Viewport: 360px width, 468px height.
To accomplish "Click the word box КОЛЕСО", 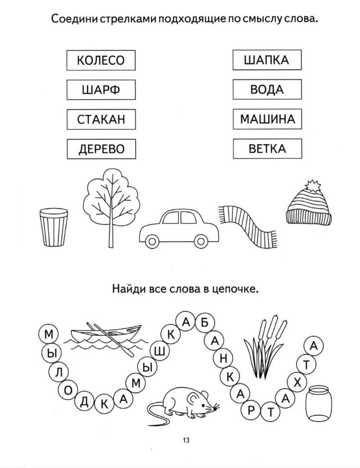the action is point(101,60).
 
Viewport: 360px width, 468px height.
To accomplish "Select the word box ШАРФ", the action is point(101,90).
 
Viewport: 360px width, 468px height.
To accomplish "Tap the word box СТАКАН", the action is point(101,119).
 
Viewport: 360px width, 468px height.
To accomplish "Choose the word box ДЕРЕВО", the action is point(101,149).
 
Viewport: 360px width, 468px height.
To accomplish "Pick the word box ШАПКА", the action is point(267,60).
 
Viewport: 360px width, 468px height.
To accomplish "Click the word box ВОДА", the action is point(267,90).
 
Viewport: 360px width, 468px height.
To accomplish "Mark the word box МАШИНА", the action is point(267,119).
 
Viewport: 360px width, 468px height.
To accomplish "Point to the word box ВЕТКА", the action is point(267,149).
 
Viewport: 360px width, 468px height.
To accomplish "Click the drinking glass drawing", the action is point(54,227).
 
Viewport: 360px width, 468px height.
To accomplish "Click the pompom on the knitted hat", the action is point(312,186).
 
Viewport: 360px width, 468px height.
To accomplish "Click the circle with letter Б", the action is point(204,323).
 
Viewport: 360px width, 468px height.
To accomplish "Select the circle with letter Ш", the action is point(160,351).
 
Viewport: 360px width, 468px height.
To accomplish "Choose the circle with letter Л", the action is point(59,372).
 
